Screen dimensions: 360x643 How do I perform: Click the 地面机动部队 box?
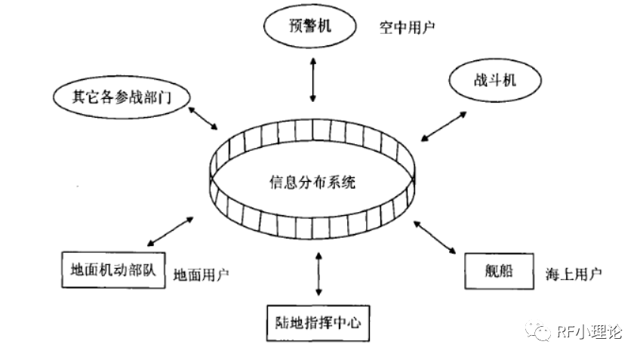click(112, 271)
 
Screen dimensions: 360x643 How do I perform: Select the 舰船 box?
click(498, 271)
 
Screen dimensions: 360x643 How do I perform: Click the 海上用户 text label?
click(573, 272)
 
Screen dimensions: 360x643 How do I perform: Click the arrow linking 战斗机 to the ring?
click(444, 125)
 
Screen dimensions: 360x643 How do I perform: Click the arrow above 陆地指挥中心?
click(318, 273)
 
